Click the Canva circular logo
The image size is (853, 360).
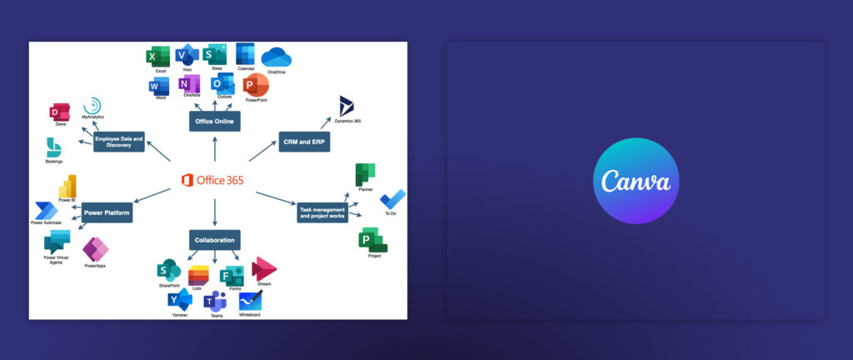click(x=636, y=181)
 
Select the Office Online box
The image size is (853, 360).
click(x=215, y=122)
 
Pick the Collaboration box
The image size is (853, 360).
click(x=215, y=240)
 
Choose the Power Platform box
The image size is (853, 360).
click(x=107, y=212)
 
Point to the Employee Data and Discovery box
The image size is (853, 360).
click(x=119, y=141)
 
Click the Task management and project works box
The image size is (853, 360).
click(x=322, y=212)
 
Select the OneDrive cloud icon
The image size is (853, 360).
click(x=276, y=57)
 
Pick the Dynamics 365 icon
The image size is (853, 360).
click(x=347, y=106)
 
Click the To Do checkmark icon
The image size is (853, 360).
click(x=392, y=200)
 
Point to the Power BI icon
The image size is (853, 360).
click(x=67, y=186)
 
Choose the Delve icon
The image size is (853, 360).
click(x=61, y=112)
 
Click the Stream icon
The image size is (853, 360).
click(x=264, y=269)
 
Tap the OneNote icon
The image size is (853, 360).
click(x=191, y=84)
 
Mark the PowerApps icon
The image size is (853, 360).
click(x=95, y=250)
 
